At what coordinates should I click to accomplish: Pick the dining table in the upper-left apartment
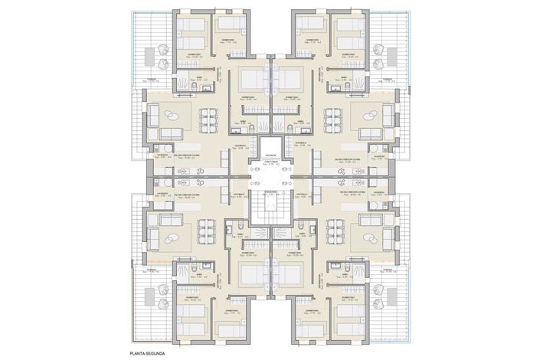point(207,119)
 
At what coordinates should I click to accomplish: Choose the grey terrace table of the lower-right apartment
point(379,299)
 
